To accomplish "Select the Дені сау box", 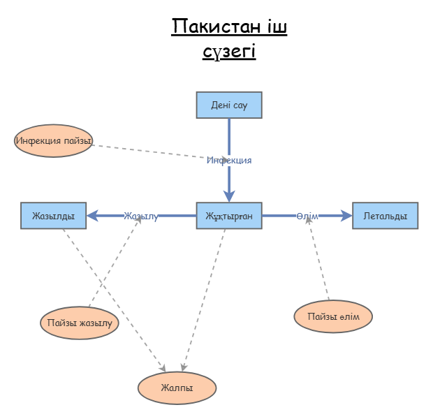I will (x=229, y=105).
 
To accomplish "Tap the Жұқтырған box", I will (x=229, y=216).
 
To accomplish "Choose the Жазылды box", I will (x=53, y=216).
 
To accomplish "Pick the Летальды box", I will (x=385, y=216).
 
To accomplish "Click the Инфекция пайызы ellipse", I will (x=53, y=141).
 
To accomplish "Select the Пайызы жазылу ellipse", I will (x=80, y=323).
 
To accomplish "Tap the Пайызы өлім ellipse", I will (x=333, y=317).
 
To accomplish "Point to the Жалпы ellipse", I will (x=177, y=387).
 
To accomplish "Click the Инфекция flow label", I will (x=229, y=160).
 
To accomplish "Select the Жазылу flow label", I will (x=141, y=216).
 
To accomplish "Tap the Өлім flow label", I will (x=307, y=216).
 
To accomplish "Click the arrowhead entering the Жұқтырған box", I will (x=229, y=197).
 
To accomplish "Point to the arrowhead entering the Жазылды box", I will (x=92, y=216).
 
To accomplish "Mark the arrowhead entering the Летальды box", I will (x=346, y=216).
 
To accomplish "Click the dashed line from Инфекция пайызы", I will (x=154, y=150).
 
